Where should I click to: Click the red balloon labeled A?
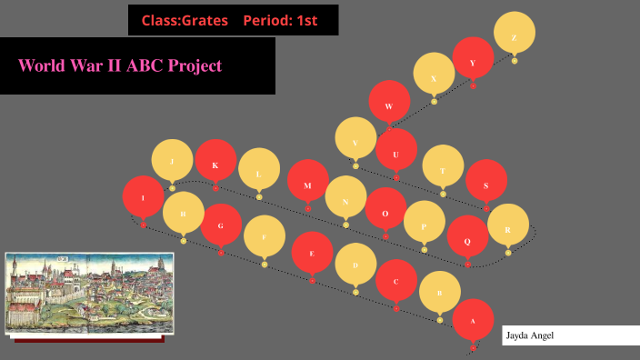473,320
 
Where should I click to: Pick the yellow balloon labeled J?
172,161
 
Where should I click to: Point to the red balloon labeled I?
143,196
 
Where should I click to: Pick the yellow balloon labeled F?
265,236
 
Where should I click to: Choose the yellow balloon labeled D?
355,265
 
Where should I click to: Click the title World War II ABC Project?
120,65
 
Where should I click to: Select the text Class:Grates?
184,20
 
